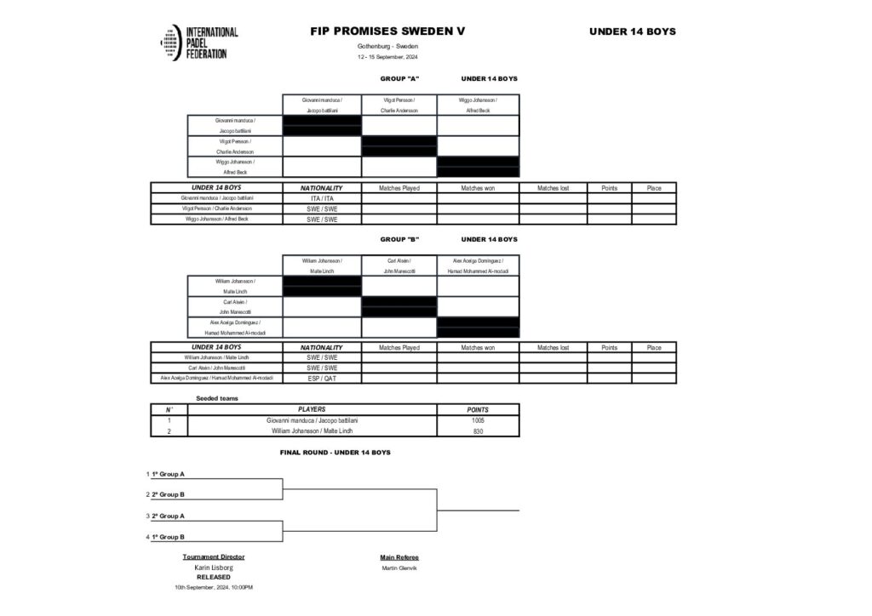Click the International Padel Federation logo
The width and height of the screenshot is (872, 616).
tap(198, 43)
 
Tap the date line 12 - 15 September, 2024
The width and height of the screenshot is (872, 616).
tap(387, 57)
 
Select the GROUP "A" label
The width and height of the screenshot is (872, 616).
tap(399, 78)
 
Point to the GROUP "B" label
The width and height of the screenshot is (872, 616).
tap(399, 239)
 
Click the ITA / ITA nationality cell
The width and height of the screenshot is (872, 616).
tap(321, 198)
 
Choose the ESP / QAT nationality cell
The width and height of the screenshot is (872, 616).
tap(321, 378)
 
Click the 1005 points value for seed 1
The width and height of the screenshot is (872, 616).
tap(478, 420)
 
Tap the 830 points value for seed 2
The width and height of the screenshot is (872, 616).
tap(478, 431)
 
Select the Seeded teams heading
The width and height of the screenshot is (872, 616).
tap(217, 398)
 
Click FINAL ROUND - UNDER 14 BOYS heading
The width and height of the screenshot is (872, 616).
tap(335, 453)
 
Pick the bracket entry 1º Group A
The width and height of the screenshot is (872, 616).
tap(169, 474)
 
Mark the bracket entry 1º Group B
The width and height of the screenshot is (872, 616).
tap(169, 537)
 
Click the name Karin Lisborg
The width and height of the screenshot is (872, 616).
tap(214, 568)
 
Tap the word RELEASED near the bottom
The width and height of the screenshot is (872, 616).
tap(213, 577)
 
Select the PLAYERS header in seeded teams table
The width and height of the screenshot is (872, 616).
tap(311, 409)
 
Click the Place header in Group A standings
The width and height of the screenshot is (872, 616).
tap(653, 188)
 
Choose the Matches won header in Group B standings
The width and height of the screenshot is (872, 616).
tap(478, 347)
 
